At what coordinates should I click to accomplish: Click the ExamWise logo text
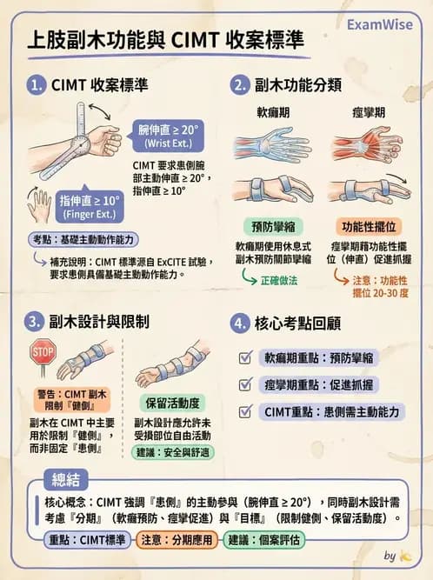point(379,24)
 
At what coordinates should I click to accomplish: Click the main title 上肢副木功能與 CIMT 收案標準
point(165,40)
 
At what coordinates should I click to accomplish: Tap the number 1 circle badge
point(36,85)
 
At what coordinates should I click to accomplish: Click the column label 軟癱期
point(271,113)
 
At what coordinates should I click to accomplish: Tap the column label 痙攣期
point(369,113)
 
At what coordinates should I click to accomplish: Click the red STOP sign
point(43,352)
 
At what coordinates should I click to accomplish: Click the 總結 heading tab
point(72,483)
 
